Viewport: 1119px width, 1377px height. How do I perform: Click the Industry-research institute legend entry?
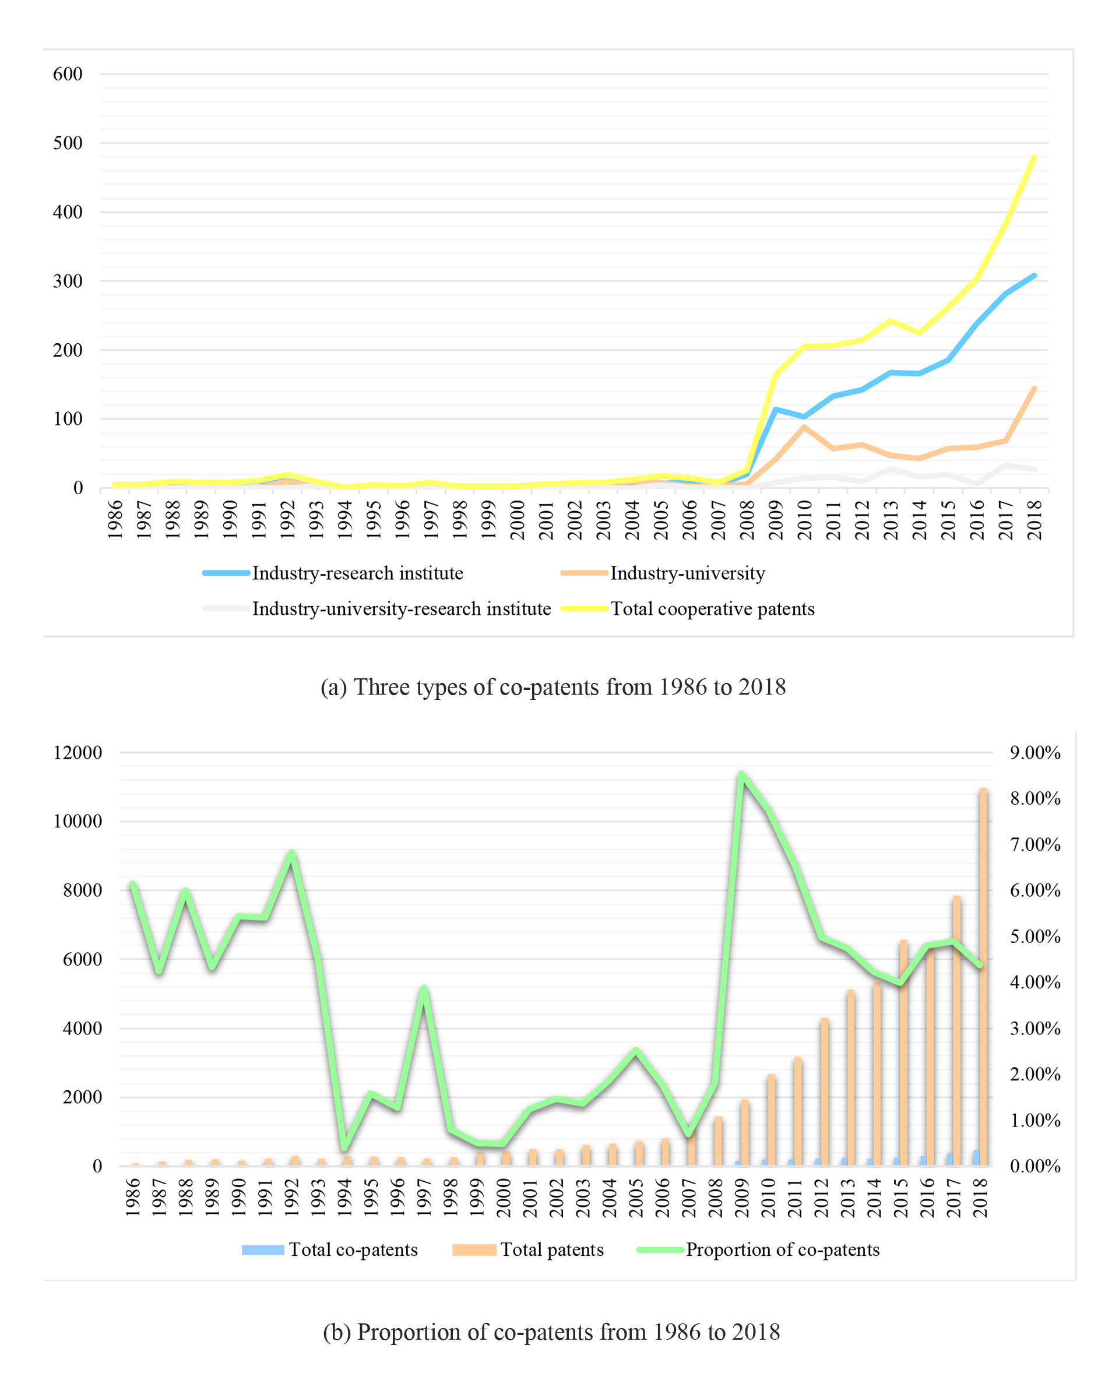coord(357,573)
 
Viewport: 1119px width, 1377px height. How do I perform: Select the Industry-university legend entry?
coord(687,573)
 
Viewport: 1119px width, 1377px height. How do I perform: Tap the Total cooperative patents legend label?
coord(712,608)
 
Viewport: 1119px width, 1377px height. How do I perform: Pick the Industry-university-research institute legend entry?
coord(401,608)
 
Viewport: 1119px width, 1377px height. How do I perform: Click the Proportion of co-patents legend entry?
coord(782,1249)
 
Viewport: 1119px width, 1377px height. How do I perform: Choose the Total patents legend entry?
coord(552,1249)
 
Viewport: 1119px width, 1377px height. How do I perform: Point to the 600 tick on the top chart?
coord(68,74)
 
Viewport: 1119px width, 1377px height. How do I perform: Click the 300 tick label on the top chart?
coord(68,281)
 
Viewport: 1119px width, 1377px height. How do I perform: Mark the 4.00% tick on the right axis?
coord(1035,982)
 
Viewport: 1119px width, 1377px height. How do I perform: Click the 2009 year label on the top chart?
coord(776,520)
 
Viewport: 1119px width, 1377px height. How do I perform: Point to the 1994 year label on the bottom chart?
coord(345,1197)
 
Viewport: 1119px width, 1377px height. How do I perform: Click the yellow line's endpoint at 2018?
coord(1034,157)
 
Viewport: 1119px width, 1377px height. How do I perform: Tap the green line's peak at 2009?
coord(742,773)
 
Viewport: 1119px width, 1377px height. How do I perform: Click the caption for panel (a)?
coord(553,687)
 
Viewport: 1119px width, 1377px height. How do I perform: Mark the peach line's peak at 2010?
coord(804,427)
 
